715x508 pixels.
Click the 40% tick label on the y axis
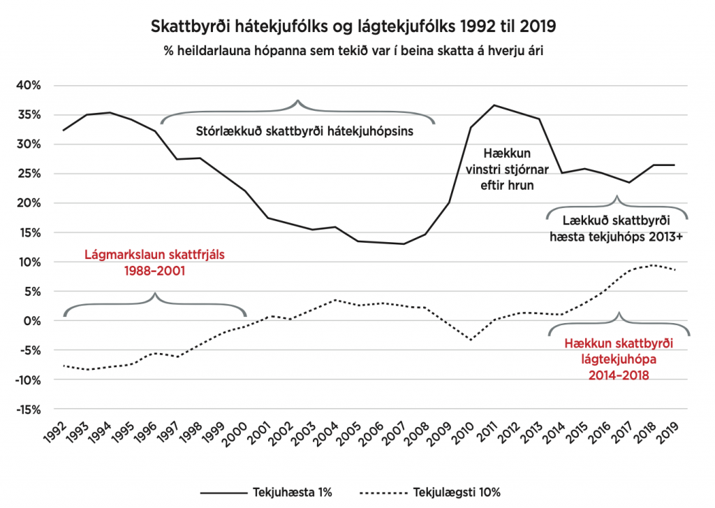tap(30, 86)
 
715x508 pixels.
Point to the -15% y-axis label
tap(28, 410)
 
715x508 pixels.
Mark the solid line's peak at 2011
tap(494, 105)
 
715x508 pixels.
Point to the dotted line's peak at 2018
tap(652, 265)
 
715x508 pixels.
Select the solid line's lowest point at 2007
tap(403, 244)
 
